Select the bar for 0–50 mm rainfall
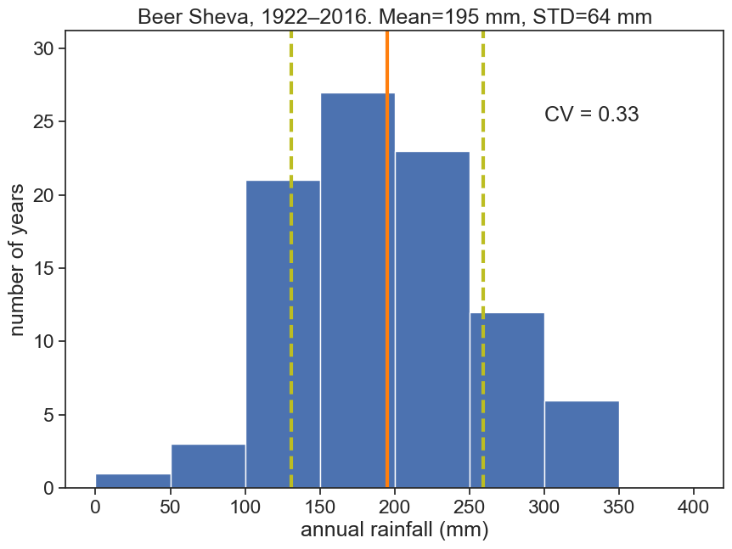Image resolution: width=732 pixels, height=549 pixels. tap(133, 480)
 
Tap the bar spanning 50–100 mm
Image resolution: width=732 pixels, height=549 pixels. tap(208, 466)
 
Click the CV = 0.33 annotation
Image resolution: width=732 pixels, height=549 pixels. tap(591, 115)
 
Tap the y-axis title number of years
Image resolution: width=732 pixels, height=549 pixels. tap(19, 257)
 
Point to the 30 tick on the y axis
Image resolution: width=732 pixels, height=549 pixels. tap(44, 49)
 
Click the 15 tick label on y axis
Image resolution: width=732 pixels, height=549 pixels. tap(44, 269)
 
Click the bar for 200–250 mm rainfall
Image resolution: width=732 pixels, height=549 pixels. tap(432, 322)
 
